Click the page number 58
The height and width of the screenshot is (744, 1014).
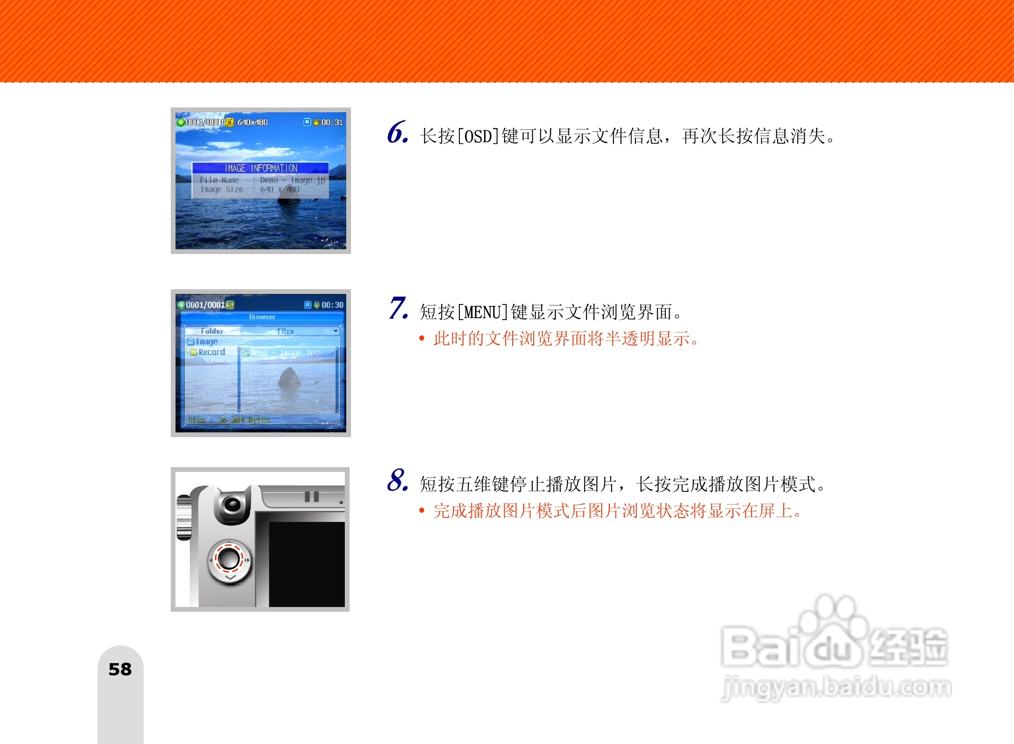(120, 669)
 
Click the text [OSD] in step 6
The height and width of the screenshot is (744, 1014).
(478, 137)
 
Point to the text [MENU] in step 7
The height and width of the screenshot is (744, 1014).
(482, 313)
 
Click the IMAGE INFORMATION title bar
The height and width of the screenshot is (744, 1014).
(261, 168)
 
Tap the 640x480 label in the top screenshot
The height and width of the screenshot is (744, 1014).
(253, 122)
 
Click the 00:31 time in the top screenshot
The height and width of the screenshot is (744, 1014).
(332, 122)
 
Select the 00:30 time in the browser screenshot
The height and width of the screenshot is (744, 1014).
(332, 305)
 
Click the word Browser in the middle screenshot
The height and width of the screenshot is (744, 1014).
(262, 317)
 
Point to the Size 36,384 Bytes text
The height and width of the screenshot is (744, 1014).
(229, 420)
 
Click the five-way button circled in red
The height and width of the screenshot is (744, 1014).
(229, 558)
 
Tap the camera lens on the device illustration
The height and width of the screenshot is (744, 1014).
(233, 504)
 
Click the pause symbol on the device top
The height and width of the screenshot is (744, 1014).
(312, 497)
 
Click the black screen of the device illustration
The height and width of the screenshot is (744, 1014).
(307, 564)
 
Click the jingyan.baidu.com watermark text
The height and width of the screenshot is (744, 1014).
(836, 687)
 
